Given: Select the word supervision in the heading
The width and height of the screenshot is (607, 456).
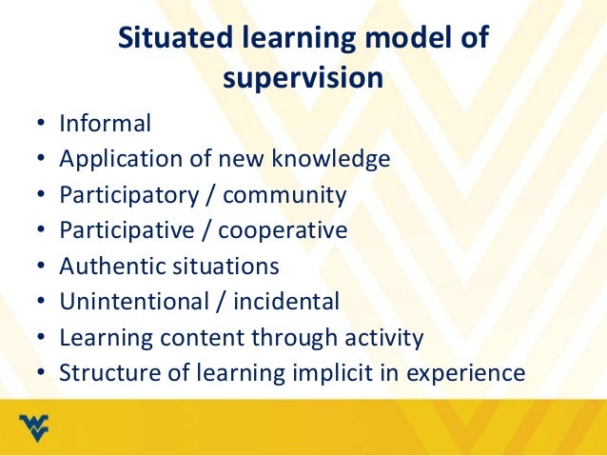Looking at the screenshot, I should point(303,79).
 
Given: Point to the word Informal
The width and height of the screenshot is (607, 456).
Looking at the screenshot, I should point(105,123).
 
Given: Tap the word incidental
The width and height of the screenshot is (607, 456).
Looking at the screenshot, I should point(282,302).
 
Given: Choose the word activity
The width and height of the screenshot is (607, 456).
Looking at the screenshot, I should point(378,337).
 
